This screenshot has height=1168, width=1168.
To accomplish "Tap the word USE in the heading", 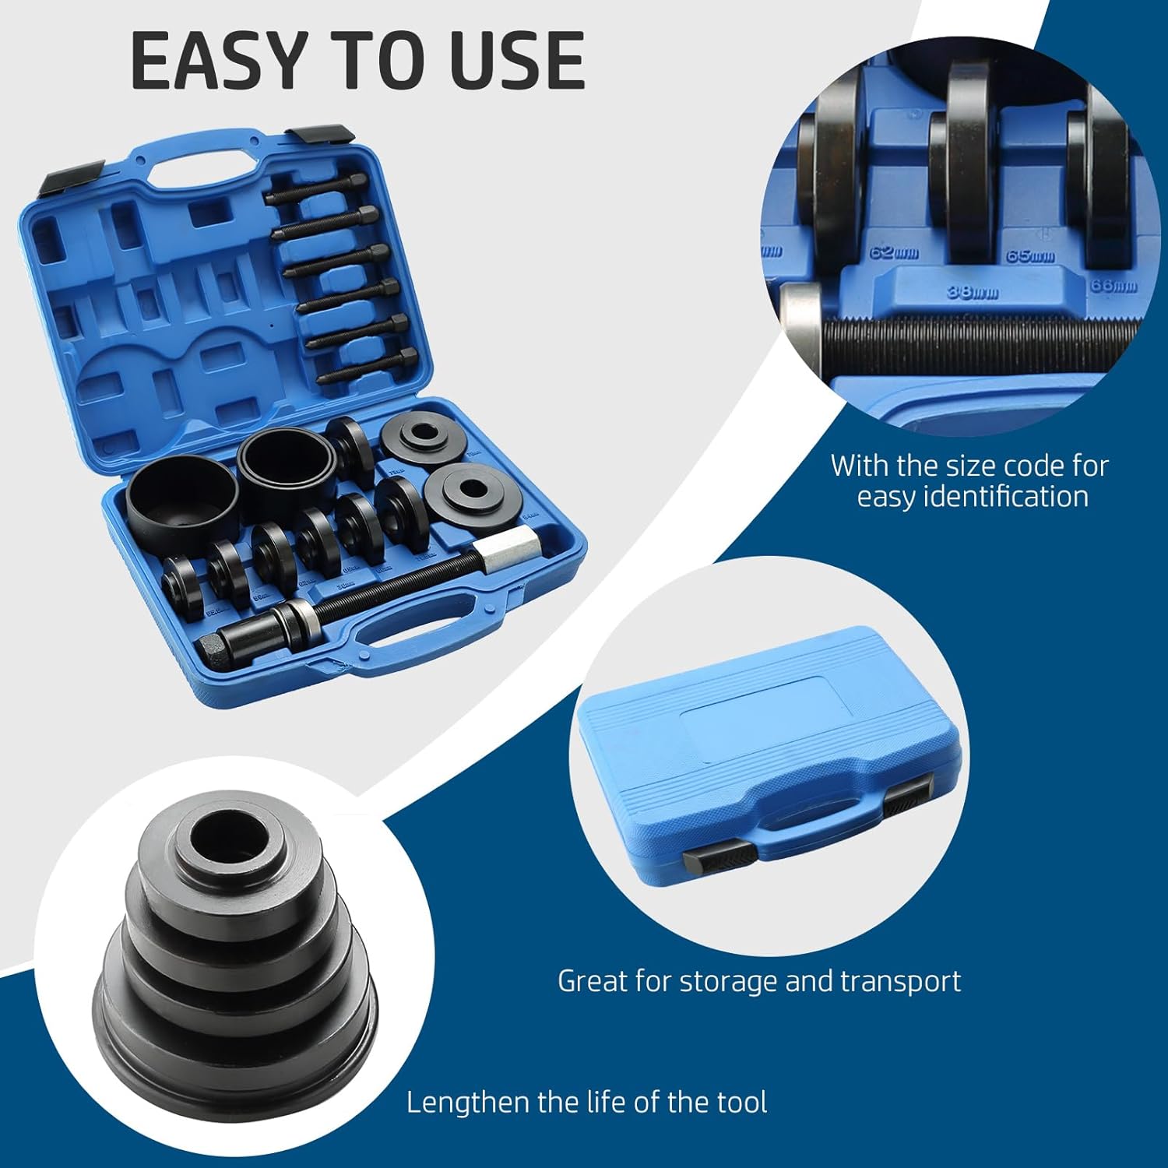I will coord(517,61).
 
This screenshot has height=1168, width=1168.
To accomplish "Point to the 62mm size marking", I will coord(895,253).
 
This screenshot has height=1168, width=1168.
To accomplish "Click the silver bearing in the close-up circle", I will coord(801,323).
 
